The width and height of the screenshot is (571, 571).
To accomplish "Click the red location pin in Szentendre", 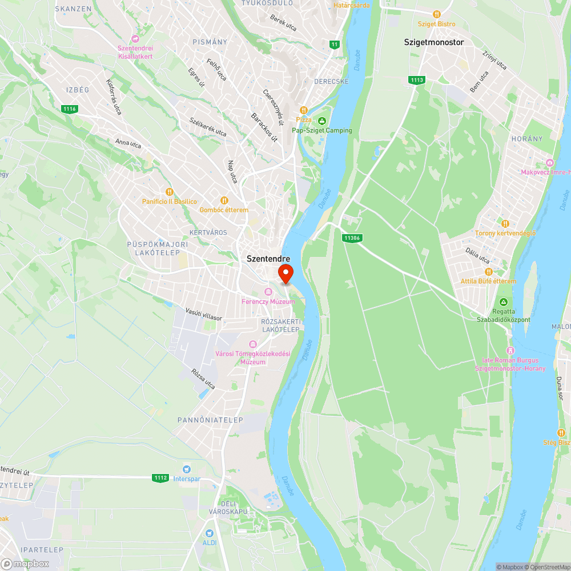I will click(x=285, y=273).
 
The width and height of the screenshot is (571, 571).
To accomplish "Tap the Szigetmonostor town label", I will click(x=434, y=42).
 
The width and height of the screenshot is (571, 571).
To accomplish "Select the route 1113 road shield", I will click(x=417, y=80).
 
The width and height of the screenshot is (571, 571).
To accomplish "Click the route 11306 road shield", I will click(x=353, y=237).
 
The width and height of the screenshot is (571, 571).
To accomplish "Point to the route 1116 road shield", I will click(x=70, y=108).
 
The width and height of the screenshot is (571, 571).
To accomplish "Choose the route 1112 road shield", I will click(x=160, y=477).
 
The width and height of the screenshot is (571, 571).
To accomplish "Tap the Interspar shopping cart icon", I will click(x=186, y=469).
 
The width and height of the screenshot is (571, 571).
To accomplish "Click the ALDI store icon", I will click(x=210, y=533).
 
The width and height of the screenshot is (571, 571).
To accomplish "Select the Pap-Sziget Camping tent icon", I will click(x=323, y=120).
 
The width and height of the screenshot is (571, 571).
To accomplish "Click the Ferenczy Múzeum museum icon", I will click(x=268, y=292).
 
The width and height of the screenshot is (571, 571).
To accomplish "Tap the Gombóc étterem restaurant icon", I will click(x=224, y=200).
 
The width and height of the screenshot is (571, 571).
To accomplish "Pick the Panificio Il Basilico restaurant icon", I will click(x=169, y=192).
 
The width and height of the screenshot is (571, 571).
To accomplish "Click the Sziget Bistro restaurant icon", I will click(x=437, y=14).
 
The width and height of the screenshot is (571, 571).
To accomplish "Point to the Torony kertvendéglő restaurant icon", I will click(x=505, y=223).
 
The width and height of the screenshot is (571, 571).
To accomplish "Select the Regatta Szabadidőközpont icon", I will click(x=503, y=302).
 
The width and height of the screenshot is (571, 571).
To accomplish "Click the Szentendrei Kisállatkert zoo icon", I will click(x=135, y=39).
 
